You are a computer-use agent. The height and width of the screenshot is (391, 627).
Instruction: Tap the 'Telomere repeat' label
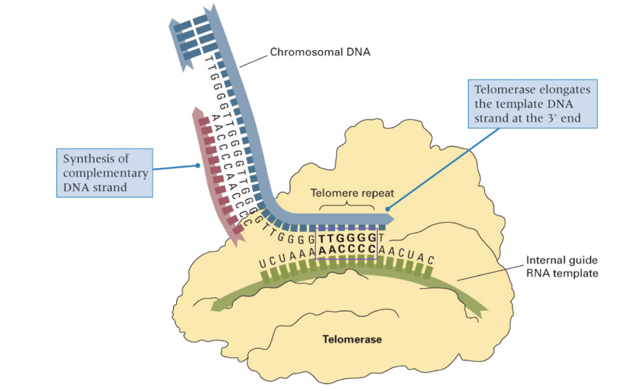click(x=349, y=193)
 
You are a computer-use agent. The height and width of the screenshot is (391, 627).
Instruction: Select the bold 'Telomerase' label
click(x=352, y=339)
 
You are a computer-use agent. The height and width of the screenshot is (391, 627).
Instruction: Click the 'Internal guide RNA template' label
click(x=562, y=266)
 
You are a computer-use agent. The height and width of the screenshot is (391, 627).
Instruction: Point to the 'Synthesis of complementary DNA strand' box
click(x=104, y=173)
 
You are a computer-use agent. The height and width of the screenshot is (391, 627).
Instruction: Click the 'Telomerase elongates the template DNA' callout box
click(x=533, y=104)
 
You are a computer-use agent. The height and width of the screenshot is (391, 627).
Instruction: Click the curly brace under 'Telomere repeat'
click(x=349, y=206)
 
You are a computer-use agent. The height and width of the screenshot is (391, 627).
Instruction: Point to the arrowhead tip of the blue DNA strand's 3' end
click(x=393, y=218)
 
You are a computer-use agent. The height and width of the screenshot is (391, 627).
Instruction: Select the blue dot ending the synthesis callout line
click(x=197, y=165)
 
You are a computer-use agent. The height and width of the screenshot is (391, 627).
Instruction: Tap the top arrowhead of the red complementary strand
click(x=197, y=110)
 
